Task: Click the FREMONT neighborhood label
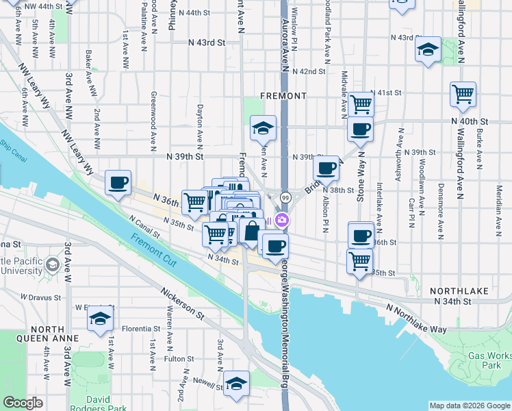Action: point(283,96)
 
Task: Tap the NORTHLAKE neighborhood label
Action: point(459,291)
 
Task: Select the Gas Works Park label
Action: point(489,361)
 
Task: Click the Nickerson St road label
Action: point(182,302)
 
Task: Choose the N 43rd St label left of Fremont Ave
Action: point(207,42)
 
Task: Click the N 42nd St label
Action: point(308,71)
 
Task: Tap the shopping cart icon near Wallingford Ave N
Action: point(463,94)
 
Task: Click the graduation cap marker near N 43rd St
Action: point(428,49)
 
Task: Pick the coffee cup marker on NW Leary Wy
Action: point(118,182)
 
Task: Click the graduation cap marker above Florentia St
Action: point(101,319)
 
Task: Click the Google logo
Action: point(23,403)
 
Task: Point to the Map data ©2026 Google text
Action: point(470,406)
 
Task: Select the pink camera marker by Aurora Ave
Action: point(282,220)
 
